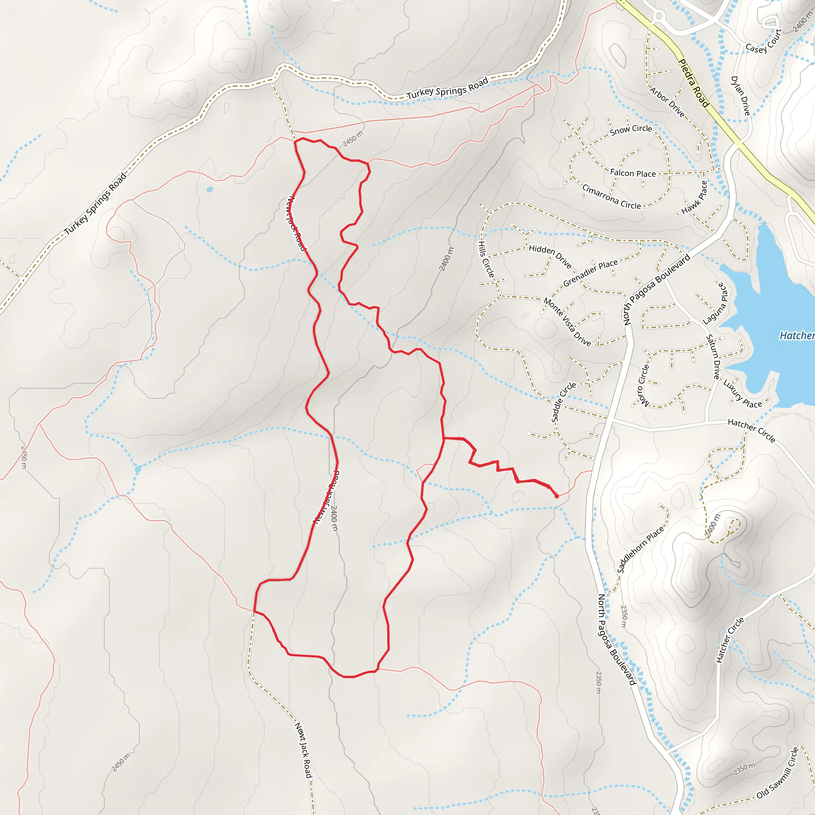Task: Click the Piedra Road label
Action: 694,83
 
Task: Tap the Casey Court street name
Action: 764,41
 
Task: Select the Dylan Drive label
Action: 740,96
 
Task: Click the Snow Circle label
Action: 631,130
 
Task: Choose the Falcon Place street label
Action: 633,173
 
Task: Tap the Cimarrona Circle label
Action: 611,197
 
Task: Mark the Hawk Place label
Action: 694,197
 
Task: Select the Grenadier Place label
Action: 590,273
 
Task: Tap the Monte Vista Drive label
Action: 567,322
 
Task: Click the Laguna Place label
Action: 716,303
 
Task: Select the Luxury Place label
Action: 743,394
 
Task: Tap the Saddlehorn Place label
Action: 640,549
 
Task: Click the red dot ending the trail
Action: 557,496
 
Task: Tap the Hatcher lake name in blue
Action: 796,336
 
